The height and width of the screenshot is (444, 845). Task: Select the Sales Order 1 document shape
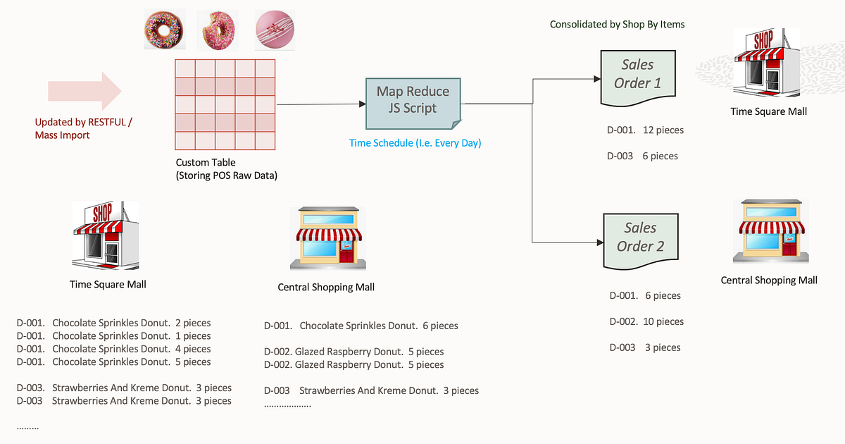pos(637,73)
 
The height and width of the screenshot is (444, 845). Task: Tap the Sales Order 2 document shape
pos(639,238)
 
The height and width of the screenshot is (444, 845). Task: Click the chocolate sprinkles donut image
pos(165,29)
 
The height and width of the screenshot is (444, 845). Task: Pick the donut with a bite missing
pos(215,29)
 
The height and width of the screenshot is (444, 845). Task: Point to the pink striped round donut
pos(275,29)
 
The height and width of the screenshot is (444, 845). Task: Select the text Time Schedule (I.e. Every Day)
pos(415,143)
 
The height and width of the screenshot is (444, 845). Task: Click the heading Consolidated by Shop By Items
pos(617,24)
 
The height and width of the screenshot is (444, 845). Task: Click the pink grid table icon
pos(225,104)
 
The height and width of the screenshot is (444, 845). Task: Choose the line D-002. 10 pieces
pos(646,321)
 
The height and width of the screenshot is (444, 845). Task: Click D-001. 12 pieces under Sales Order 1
pos(644,130)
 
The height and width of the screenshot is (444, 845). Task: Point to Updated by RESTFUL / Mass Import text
pos(83,128)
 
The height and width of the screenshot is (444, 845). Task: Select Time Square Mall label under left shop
pos(108,284)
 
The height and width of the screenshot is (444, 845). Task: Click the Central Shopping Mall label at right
pos(768,280)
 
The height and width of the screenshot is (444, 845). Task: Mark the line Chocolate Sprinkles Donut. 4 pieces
pos(113,349)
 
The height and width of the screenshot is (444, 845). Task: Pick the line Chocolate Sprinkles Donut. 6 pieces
pos(361,326)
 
